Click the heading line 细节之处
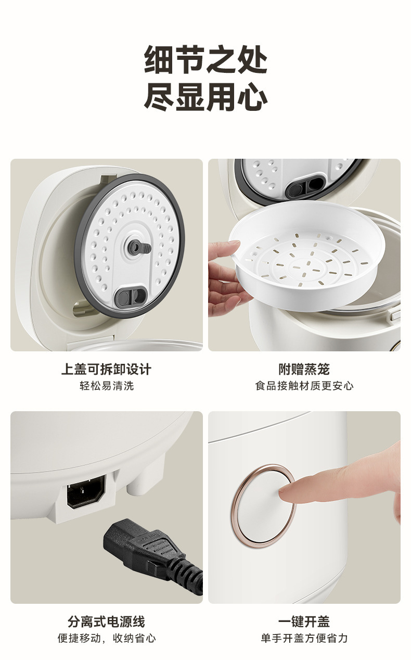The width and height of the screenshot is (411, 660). point(205,59)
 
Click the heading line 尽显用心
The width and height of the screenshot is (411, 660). point(205,96)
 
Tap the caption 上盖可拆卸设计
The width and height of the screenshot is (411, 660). point(106,369)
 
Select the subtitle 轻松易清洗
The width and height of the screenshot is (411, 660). point(107,386)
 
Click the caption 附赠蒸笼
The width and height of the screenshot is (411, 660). point(304,369)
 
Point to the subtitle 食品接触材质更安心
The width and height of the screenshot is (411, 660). point(304,386)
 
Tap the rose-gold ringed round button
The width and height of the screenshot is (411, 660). point(263,506)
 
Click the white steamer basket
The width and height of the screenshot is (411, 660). point(307,255)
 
